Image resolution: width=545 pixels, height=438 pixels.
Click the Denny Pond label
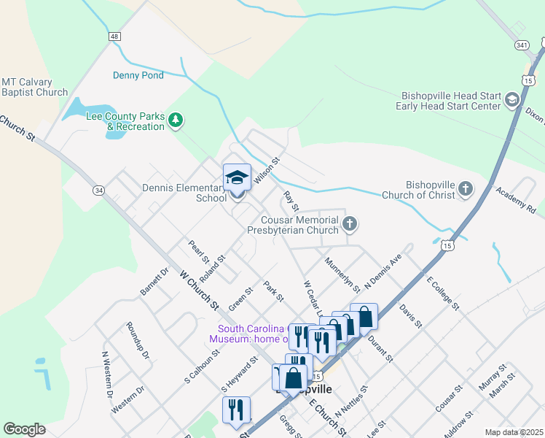138,74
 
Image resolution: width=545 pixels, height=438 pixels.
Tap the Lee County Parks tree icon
175,119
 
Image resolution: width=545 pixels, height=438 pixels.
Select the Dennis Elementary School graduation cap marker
237,177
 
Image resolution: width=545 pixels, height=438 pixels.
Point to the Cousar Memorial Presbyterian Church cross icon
350,223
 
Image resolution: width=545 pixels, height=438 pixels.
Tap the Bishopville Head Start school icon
511,99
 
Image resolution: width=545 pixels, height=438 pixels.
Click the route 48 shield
115,36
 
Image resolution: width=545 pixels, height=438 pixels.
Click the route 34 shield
98,190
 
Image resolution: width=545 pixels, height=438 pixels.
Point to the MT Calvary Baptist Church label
34,87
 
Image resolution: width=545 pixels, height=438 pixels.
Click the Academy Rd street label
515,199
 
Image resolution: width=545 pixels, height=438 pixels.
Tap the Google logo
24,429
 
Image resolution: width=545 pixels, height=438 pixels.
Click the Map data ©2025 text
514,432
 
